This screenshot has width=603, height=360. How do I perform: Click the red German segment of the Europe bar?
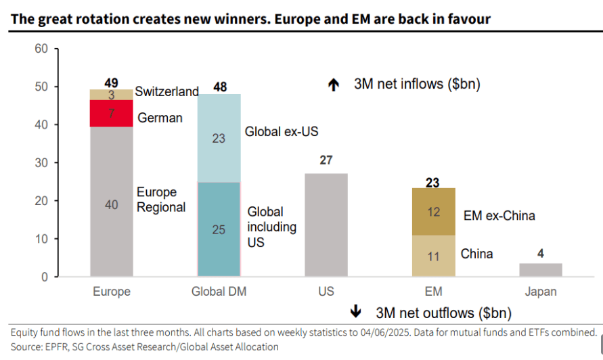(112, 113)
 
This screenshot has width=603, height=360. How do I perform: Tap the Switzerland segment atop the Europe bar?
(112, 95)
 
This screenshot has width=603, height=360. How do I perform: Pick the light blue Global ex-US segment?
(219, 139)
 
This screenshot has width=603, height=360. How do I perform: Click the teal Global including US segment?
(219, 229)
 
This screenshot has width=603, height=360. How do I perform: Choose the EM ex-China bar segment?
(434, 212)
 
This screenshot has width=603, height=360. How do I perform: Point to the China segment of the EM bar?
(434, 256)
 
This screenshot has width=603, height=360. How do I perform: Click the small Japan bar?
(541, 270)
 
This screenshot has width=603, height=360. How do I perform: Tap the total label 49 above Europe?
(112, 83)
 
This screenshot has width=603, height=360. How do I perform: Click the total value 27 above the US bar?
(326, 161)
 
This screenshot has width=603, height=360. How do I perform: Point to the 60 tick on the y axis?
(41, 49)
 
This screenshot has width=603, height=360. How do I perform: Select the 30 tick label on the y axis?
(41, 163)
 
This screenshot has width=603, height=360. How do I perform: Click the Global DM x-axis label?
(219, 292)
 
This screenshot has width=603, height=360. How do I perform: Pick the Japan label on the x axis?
(541, 292)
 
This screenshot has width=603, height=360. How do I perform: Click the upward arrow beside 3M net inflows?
(333, 85)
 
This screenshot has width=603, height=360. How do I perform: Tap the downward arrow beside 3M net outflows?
(355, 313)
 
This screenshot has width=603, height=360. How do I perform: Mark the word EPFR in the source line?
(58, 346)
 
